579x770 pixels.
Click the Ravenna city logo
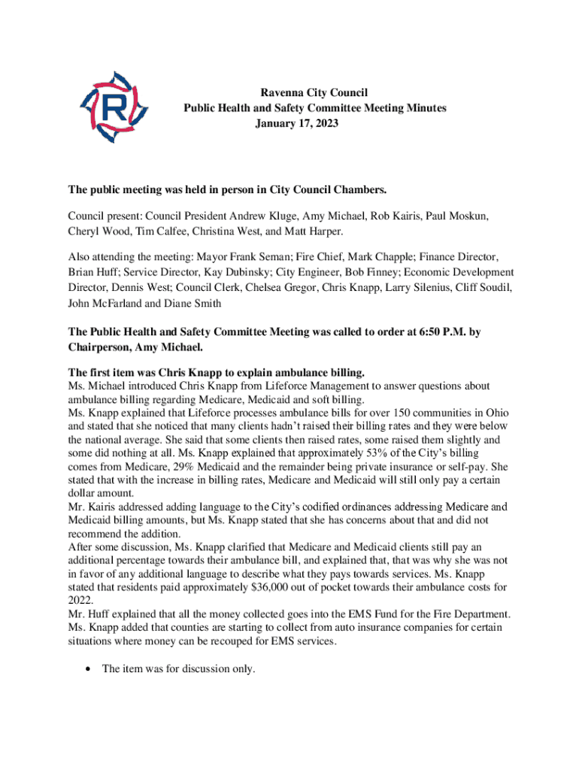point(114,109)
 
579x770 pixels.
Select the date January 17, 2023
point(296,122)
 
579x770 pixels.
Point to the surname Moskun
point(468,216)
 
